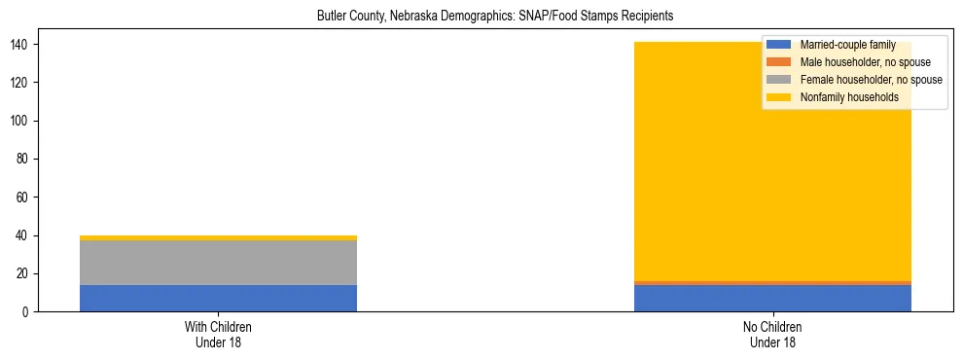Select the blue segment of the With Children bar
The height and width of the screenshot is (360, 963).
tap(218, 299)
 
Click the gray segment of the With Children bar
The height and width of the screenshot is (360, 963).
tap(218, 263)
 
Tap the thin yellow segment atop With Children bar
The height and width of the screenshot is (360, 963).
tap(218, 237)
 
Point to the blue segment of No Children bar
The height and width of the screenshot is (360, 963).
tap(772, 300)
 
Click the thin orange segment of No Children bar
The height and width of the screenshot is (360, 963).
tap(772, 283)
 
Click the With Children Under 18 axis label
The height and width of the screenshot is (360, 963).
tap(218, 335)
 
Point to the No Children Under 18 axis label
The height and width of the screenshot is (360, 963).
tap(772, 335)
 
